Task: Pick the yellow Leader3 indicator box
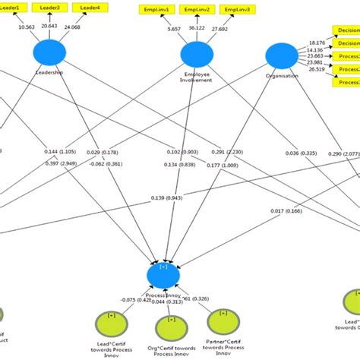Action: tap(50, 8)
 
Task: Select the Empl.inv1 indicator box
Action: tap(154, 9)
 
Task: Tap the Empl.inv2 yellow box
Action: tap(197, 9)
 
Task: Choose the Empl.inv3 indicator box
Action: tap(242, 9)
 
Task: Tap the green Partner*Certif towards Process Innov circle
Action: tap(222, 324)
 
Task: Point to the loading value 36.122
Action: tap(197, 28)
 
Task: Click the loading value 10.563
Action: tap(28, 27)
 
